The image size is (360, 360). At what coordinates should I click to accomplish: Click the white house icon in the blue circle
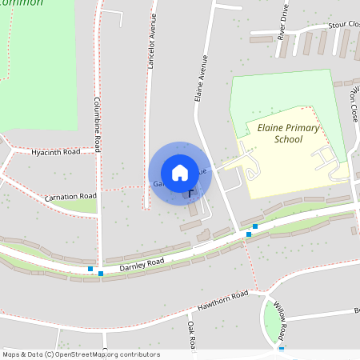[x=180, y=173]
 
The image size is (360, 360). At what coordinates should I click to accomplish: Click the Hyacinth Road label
[x=56, y=151]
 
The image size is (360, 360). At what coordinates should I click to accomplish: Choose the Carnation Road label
[x=70, y=196]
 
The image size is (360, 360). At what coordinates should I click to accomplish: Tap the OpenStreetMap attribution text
[x=80, y=354]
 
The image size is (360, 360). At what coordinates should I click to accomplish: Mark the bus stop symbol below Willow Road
[x=282, y=348]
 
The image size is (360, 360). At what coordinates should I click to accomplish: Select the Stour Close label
[x=343, y=25]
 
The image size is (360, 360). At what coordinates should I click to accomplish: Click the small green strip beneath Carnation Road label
[x=76, y=206]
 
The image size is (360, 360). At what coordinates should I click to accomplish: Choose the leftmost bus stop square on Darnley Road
[x=90, y=269]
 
